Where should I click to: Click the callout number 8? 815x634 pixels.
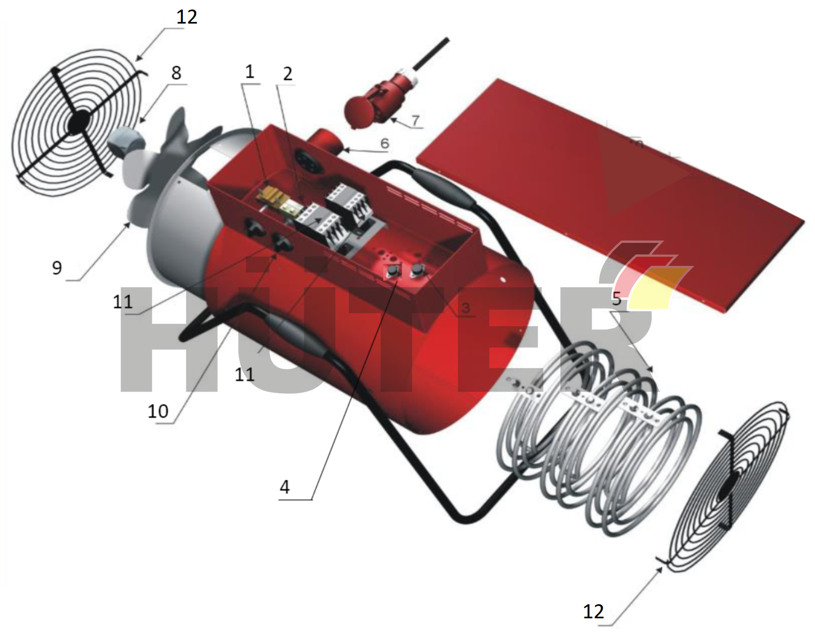pyautogui.click(x=176, y=73)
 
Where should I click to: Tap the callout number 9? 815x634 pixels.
pyautogui.click(x=57, y=268)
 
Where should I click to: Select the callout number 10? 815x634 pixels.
pyautogui.click(x=158, y=411)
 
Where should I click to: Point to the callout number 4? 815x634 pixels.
pyautogui.click(x=285, y=488)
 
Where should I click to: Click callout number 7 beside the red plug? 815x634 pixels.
pyautogui.click(x=415, y=121)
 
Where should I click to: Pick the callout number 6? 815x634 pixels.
pyautogui.click(x=384, y=143)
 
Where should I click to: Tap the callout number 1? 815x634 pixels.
pyautogui.click(x=250, y=71)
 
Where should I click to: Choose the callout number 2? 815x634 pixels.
pyautogui.click(x=287, y=73)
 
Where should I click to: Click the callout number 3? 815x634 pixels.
pyautogui.click(x=466, y=307)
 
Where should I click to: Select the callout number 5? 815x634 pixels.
pyautogui.click(x=616, y=298)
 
